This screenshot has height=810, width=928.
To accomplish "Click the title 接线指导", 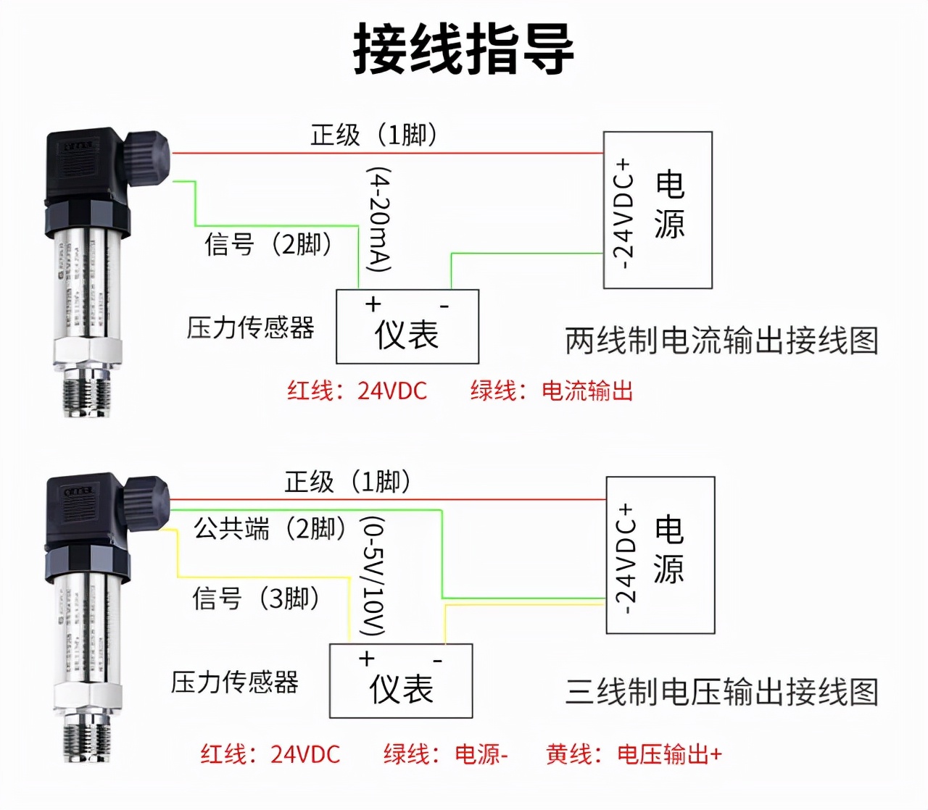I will [x=463, y=49].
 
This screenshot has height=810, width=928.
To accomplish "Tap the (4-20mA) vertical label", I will [x=379, y=220].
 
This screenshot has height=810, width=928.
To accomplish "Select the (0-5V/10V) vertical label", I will [x=373, y=576].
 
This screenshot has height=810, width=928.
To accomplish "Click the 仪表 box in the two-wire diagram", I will [x=407, y=327].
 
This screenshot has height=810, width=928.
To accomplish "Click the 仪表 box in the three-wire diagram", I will [x=401, y=682].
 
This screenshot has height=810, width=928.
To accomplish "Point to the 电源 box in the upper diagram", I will [x=658, y=210].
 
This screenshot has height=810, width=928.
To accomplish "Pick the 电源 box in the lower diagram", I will [x=660, y=555].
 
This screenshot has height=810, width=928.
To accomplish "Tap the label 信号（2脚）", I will [x=268, y=244].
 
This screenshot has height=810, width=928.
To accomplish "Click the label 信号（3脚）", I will [x=256, y=598].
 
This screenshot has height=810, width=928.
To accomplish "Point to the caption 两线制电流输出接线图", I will [x=721, y=341].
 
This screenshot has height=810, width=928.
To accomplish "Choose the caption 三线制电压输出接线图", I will [x=721, y=692].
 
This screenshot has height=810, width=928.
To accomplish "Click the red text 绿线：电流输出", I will [x=552, y=391].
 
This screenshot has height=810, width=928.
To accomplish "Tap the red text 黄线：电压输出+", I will [x=634, y=754].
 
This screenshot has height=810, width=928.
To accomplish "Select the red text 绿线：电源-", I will [x=446, y=754].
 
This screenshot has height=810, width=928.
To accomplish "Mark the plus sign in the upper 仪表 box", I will [x=373, y=304].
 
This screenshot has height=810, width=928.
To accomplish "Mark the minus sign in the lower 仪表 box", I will [x=438, y=660].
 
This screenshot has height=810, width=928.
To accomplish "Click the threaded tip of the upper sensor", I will [x=87, y=391].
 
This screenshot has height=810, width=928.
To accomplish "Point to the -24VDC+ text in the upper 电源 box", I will [x=623, y=214].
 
